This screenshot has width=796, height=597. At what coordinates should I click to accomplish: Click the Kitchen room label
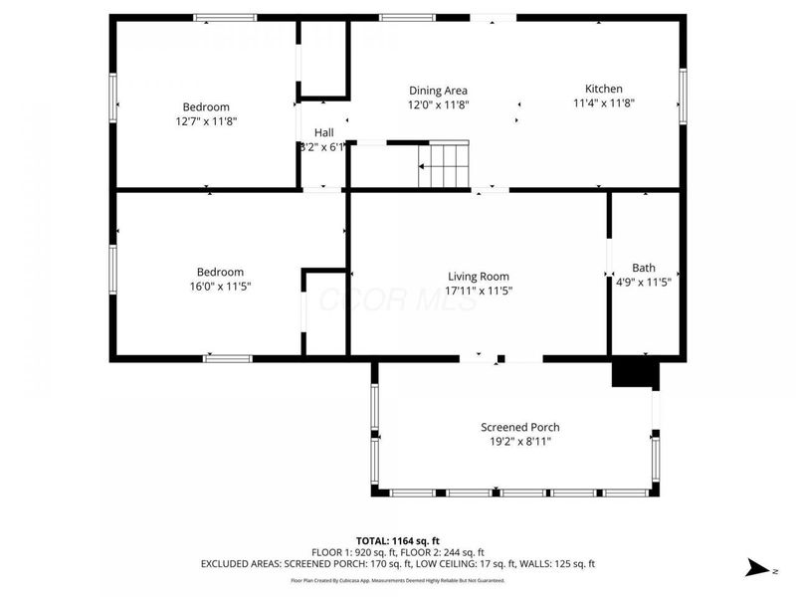(603, 89)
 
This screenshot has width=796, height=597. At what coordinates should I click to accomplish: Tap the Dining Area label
(438, 91)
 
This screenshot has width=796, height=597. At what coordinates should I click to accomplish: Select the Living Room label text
(479, 277)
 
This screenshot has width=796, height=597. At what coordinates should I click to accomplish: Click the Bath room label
(644, 268)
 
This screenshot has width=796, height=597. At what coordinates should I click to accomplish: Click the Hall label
(324, 132)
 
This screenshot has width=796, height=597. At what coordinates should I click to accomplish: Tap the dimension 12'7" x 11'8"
(206, 120)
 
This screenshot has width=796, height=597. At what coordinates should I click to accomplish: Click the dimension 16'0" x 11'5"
(220, 287)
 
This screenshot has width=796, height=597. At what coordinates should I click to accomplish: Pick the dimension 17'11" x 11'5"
(479, 291)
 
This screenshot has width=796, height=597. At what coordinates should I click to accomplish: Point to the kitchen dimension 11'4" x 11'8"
(603, 102)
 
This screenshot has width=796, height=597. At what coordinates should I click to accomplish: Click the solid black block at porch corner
(636, 374)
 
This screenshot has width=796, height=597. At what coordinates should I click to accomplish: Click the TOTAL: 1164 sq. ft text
(397, 540)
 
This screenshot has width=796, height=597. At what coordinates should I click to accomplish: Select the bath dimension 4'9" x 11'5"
(644, 282)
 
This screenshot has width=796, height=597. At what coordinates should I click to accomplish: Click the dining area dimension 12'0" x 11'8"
(438, 103)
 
